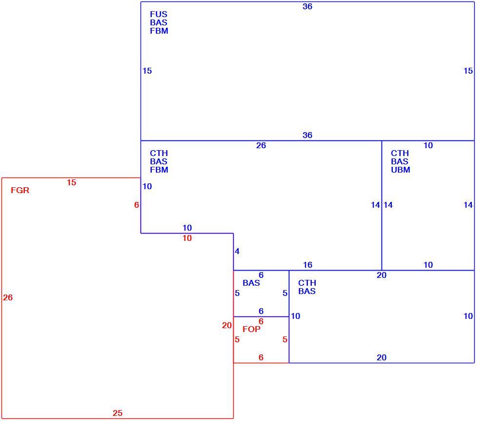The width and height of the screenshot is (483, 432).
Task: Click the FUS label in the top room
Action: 159,14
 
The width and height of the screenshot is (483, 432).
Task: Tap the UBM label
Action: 401,170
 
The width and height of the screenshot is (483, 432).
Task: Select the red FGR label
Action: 20,190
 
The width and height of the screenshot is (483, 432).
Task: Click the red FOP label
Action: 251,329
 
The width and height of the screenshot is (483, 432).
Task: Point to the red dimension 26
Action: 8,297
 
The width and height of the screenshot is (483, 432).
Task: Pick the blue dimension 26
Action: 261,145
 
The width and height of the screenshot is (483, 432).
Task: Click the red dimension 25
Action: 118,413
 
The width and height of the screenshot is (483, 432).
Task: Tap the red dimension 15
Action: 71,182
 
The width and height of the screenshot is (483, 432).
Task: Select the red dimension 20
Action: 227,325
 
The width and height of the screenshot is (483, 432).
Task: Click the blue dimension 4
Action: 237,251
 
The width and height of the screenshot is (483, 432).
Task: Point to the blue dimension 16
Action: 307,265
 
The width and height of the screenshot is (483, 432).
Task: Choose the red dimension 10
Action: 187,238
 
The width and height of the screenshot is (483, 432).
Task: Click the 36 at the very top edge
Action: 307,6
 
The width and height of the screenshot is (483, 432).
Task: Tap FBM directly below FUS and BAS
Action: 159,31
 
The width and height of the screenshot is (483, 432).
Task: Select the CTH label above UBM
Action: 400,153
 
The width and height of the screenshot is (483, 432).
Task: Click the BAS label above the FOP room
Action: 251,283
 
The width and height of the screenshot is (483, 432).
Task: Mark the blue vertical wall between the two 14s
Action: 382,206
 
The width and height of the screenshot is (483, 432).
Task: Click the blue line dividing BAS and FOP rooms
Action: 261,316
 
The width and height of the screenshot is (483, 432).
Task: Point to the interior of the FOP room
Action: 261,342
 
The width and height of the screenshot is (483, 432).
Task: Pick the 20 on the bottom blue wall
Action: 382,357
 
